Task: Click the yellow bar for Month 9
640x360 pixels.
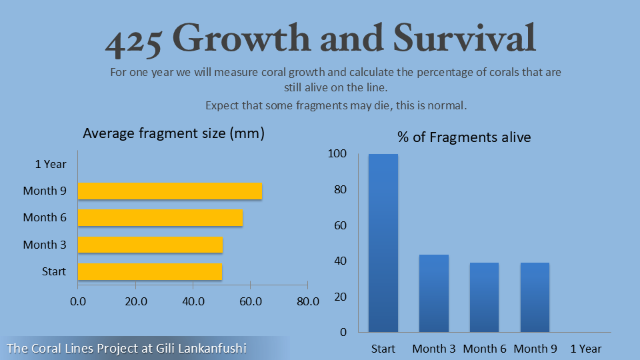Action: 170,191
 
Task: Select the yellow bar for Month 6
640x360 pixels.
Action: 160,218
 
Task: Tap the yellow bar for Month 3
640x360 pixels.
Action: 150,245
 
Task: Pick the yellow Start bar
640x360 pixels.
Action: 150,271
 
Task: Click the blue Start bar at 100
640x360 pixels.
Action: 383,243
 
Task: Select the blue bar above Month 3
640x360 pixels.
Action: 434,293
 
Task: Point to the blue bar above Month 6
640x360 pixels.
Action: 485,297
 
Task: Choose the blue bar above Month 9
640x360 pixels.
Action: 535,297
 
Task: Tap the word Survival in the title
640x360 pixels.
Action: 464,39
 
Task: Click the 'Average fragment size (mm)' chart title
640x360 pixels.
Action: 173,133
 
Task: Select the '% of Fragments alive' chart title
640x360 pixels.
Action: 464,137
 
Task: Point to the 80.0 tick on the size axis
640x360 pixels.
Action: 307,301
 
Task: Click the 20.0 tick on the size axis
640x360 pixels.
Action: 135,301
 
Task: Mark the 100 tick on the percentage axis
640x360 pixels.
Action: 337,154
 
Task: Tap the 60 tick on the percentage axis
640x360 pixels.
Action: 340,225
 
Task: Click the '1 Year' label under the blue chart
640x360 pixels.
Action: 586,349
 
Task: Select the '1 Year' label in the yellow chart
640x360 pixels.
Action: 51,164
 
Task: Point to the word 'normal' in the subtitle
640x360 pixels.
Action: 449,105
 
